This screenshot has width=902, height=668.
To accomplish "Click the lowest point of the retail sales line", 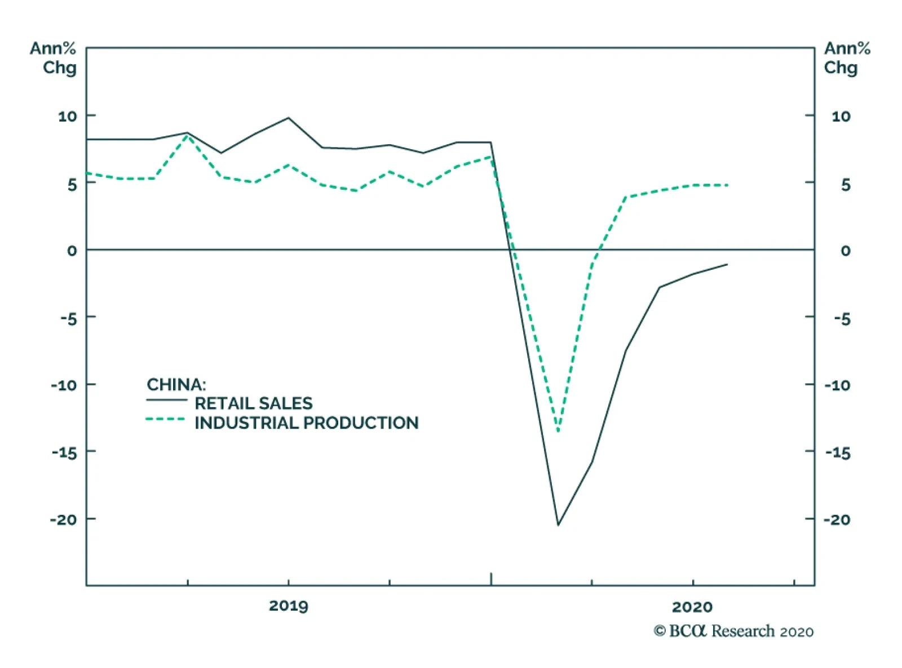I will [x=558, y=525].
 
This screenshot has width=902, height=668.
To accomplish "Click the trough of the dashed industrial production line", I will [x=558, y=431].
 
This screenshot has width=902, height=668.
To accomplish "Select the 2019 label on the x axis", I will [x=288, y=606].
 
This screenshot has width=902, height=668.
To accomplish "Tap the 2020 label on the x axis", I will [x=692, y=607].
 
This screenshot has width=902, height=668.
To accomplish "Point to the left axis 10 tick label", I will [x=67, y=116].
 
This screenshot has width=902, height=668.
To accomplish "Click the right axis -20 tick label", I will [x=837, y=519].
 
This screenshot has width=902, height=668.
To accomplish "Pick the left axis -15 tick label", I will [x=64, y=452].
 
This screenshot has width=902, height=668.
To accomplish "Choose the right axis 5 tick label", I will [x=845, y=185].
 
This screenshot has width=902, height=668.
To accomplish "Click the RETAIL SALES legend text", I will [x=253, y=403].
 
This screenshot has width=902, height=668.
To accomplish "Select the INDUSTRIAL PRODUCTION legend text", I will [x=306, y=423].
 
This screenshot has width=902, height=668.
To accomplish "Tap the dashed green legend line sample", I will [x=165, y=419].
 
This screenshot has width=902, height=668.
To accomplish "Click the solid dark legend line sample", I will [x=166, y=400].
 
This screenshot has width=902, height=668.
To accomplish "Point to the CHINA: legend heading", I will [x=176, y=385].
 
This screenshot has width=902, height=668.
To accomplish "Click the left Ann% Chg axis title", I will [x=54, y=58].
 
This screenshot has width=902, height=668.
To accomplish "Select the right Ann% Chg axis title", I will [x=847, y=58].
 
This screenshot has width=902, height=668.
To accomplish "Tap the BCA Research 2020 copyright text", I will [x=733, y=631].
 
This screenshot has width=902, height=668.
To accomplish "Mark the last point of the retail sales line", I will [x=727, y=264].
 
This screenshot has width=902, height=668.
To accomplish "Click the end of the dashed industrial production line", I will [x=727, y=185].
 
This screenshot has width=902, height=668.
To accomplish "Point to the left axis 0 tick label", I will [x=72, y=251].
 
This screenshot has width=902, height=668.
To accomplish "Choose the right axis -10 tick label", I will [x=837, y=385].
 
